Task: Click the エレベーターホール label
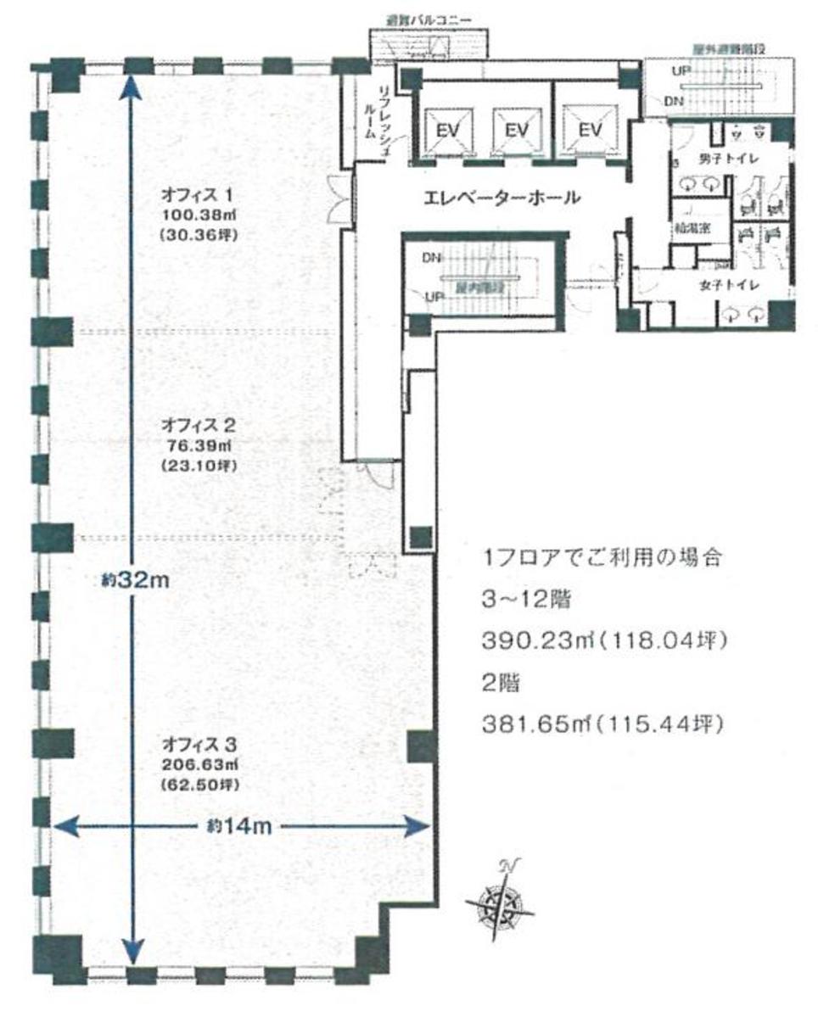click(502, 198)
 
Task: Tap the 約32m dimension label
click(137, 581)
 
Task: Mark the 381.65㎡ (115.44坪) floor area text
click(603, 725)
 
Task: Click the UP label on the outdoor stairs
click(681, 72)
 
